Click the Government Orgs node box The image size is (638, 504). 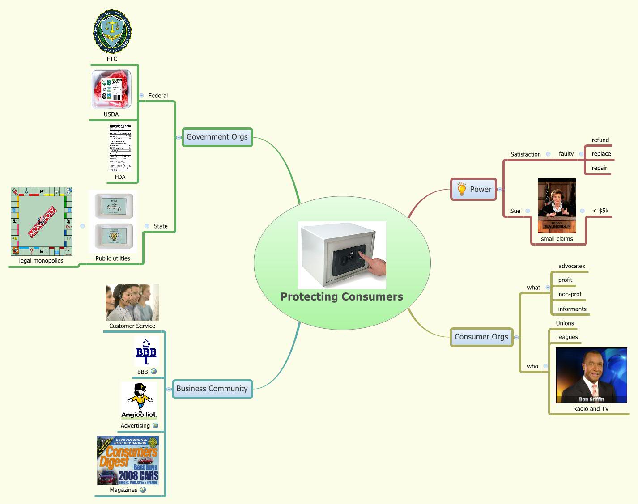(x=217, y=137)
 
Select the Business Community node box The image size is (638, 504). (x=212, y=389)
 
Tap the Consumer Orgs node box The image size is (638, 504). (x=481, y=337)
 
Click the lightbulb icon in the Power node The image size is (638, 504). (x=462, y=189)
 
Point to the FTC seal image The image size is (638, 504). (x=112, y=32)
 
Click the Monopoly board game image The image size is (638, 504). (x=42, y=222)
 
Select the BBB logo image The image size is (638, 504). (x=146, y=352)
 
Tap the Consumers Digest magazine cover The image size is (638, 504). (x=128, y=461)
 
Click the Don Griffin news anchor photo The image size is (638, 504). (x=591, y=376)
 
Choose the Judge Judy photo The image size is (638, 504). (x=557, y=206)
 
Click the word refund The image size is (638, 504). (x=600, y=140)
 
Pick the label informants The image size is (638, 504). (x=572, y=309)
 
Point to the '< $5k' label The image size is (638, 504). (x=600, y=211)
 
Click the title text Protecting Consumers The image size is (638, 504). (x=342, y=297)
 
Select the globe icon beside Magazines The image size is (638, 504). (x=143, y=490)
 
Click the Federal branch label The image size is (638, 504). (x=158, y=96)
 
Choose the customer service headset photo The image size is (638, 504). (x=132, y=302)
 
